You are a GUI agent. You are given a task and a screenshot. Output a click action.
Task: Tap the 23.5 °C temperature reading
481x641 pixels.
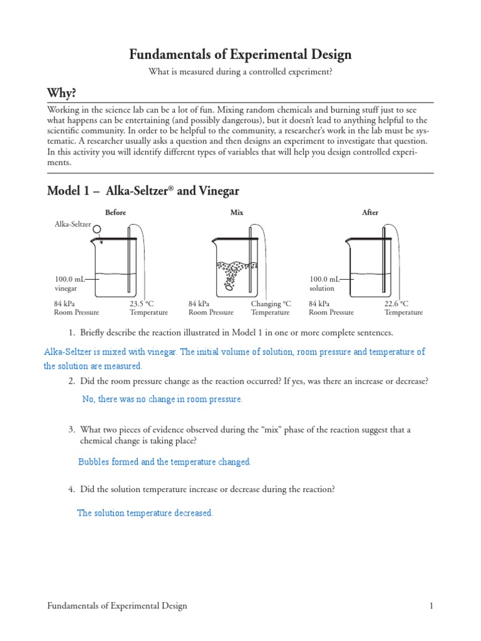142,304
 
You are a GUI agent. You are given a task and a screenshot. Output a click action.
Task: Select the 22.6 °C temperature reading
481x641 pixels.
396,304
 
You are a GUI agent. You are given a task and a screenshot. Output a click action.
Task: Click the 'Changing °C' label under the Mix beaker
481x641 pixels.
271,304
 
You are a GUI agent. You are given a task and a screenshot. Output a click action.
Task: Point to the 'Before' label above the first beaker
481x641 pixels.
115,213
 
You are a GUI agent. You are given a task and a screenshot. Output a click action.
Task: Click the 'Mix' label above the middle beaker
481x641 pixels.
237,213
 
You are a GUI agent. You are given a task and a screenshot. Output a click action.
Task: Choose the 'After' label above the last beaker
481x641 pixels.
370,213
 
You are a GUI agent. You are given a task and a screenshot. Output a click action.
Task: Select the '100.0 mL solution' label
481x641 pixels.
323,284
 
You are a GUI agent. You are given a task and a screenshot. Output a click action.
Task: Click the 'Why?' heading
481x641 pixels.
61,93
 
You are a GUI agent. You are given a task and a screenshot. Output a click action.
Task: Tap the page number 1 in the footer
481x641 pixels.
431,606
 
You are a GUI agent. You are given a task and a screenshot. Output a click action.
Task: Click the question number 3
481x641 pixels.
71,429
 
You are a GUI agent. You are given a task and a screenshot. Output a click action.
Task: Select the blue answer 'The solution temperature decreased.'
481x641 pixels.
145,513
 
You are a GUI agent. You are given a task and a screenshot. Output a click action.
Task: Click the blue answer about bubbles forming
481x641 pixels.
164,462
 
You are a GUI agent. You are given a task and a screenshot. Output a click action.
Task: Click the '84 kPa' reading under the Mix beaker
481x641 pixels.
199,304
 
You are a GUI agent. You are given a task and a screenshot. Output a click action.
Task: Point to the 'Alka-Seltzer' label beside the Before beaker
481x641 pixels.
73,224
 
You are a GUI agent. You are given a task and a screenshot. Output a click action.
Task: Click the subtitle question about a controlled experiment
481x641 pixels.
240,72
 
